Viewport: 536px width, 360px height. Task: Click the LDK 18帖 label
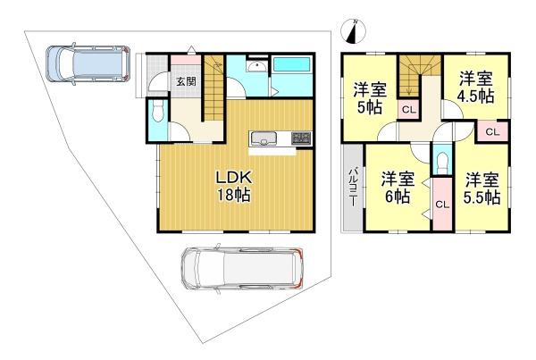click(x=234, y=187)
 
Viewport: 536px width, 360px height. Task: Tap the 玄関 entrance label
click(x=187, y=81)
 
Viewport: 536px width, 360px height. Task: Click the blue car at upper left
click(x=88, y=63)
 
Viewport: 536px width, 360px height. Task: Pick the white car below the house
click(x=242, y=268)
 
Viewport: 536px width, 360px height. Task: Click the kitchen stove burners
click(x=301, y=138)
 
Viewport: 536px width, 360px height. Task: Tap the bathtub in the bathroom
click(x=292, y=64)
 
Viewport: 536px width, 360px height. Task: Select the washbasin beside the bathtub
click(x=256, y=66)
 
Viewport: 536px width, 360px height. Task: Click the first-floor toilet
click(x=157, y=112)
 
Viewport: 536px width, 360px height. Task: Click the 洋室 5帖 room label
click(x=370, y=98)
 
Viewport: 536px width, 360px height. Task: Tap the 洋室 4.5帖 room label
click(x=476, y=87)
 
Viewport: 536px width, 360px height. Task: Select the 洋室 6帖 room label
click(x=398, y=188)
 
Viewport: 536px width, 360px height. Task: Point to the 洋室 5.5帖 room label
click(x=482, y=188)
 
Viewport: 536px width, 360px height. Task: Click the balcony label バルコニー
click(x=353, y=187)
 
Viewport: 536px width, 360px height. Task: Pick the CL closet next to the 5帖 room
click(x=409, y=110)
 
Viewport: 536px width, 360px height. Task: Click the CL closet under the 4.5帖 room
click(x=492, y=131)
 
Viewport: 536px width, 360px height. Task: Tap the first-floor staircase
click(x=214, y=88)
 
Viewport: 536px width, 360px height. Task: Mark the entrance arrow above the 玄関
click(x=191, y=50)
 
